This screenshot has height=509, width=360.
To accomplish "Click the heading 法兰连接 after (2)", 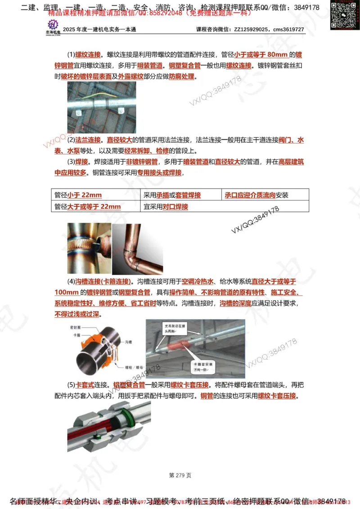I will click(x=88, y=140).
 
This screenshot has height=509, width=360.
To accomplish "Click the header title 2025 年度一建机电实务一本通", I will click(x=99, y=30).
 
